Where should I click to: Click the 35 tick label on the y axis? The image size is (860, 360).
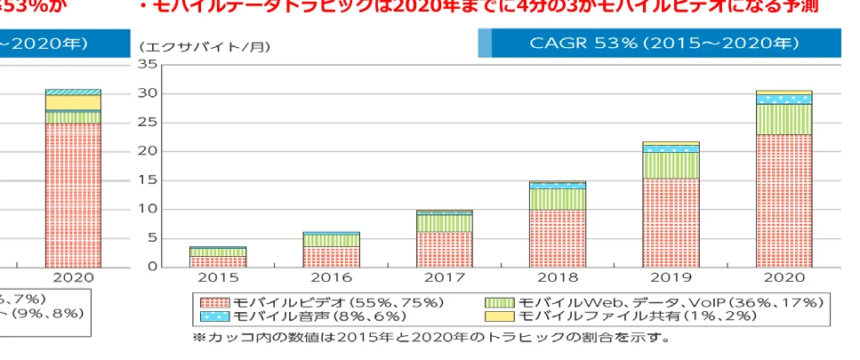pos(148,65)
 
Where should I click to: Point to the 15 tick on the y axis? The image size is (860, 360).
pos(148,180)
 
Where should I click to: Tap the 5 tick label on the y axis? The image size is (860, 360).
pos(151,238)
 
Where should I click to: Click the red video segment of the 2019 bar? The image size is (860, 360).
pos(670,222)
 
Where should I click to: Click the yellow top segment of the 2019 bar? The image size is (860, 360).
pos(670,143)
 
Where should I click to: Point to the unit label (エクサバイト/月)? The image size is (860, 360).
pos(205,45)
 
